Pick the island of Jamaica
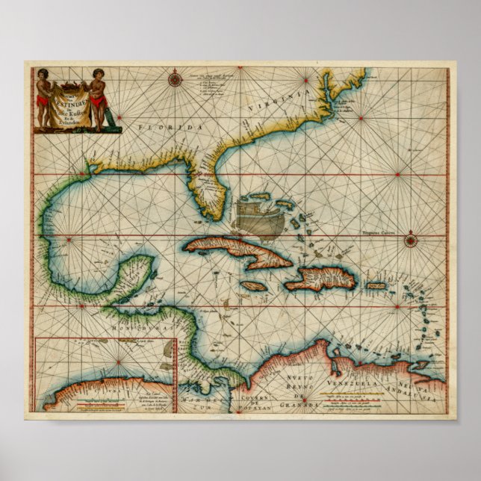click(254, 285)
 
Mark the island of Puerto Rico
click(375, 285)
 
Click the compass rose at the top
click(175, 77)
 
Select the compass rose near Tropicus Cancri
click(412, 240)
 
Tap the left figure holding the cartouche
click(43, 97)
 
